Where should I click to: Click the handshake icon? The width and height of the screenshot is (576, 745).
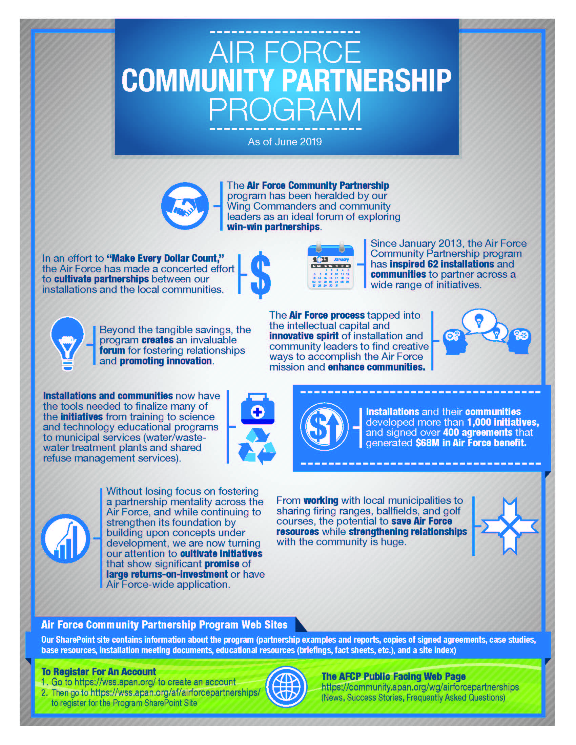pyautogui.click(x=185, y=206)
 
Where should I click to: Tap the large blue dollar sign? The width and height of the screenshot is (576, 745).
pyautogui.click(x=261, y=275)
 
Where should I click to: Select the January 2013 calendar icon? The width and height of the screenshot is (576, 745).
pyautogui.click(x=330, y=267)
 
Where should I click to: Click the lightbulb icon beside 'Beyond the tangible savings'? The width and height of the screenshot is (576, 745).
pyautogui.click(x=67, y=343)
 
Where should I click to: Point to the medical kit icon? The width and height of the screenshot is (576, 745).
pyautogui.click(x=258, y=409)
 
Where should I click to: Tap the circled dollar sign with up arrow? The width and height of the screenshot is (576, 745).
pyautogui.click(x=324, y=427)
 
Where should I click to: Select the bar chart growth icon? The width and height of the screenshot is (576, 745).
pyautogui.click(x=65, y=539)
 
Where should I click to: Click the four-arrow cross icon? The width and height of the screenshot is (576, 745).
pyautogui.click(x=510, y=526)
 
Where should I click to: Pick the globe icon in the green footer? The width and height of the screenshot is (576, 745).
pyautogui.click(x=287, y=687)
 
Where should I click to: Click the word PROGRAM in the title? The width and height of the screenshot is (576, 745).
pyautogui.click(x=285, y=109)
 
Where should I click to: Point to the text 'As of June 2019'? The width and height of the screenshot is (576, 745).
pyautogui.click(x=285, y=142)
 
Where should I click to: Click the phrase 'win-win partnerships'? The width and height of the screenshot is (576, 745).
pyautogui.click(x=273, y=227)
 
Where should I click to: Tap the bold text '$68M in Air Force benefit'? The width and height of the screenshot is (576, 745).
pyautogui.click(x=471, y=443)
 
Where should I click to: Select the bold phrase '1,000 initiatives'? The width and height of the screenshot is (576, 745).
pyautogui.click(x=503, y=422)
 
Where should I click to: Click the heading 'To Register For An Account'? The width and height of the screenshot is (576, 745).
pyautogui.click(x=99, y=672)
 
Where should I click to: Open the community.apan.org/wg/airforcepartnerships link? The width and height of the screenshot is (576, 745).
pyautogui.click(x=420, y=687)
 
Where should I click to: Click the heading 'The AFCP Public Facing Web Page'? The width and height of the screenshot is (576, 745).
pyautogui.click(x=393, y=677)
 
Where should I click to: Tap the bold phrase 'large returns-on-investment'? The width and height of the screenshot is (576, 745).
pyautogui.click(x=167, y=574)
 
